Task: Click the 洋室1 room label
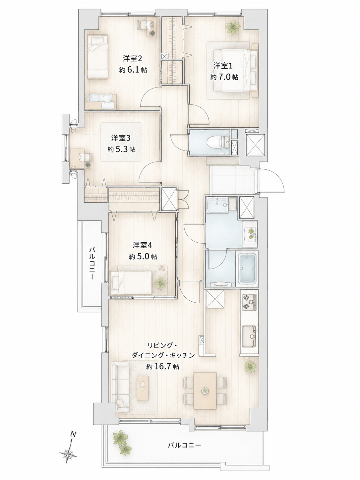(223, 66)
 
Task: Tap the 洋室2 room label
(133, 58)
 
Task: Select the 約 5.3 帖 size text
(121, 150)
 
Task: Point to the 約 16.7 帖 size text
(163, 366)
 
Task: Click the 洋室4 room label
(142, 245)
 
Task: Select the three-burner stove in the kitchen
(249, 302)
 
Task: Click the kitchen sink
(249, 336)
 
